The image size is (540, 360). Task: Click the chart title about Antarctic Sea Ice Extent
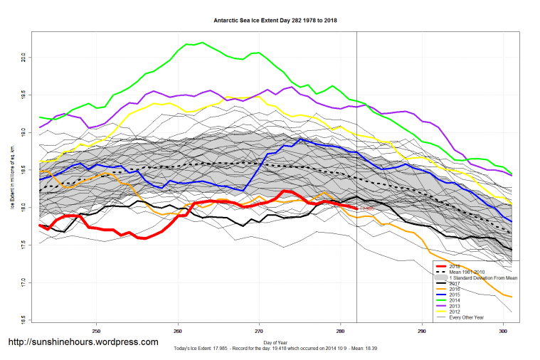pos(275,21)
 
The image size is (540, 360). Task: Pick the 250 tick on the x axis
pos(96,331)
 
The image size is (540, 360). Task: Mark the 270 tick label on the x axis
pos(259,331)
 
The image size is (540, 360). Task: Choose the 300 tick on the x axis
pos(503,331)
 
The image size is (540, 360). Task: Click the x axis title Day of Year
pos(275,343)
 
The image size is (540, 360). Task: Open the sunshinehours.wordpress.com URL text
pos(83,342)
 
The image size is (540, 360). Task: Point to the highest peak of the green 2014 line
pos(203,43)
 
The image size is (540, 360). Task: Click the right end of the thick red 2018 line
pos(356,208)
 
